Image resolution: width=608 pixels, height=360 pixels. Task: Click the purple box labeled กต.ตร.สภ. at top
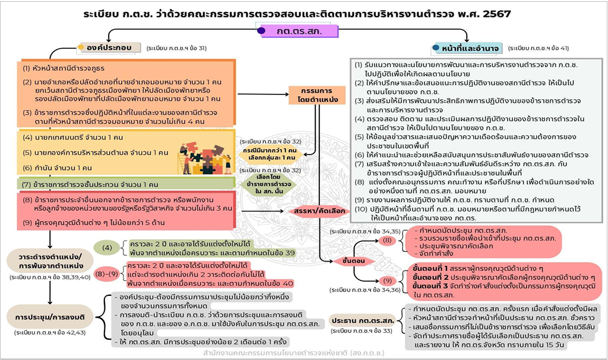tap(299, 30)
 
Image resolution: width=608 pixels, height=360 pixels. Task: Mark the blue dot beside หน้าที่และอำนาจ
tap(436, 48)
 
